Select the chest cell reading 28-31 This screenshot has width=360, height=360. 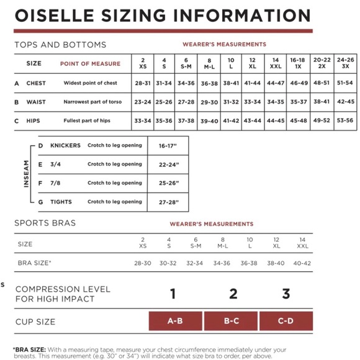click(142, 83)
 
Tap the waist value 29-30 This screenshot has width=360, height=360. click(209, 102)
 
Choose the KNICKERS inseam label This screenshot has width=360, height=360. click(65, 146)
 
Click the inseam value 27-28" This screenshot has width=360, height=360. click(169, 202)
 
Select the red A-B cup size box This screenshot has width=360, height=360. click(175, 322)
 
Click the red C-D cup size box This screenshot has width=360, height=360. click(286, 322)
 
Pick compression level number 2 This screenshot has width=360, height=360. click(233, 294)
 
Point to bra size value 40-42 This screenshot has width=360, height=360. click(302, 263)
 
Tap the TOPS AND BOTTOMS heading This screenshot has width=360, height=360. click(60, 45)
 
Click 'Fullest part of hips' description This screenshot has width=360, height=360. click(92, 121)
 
